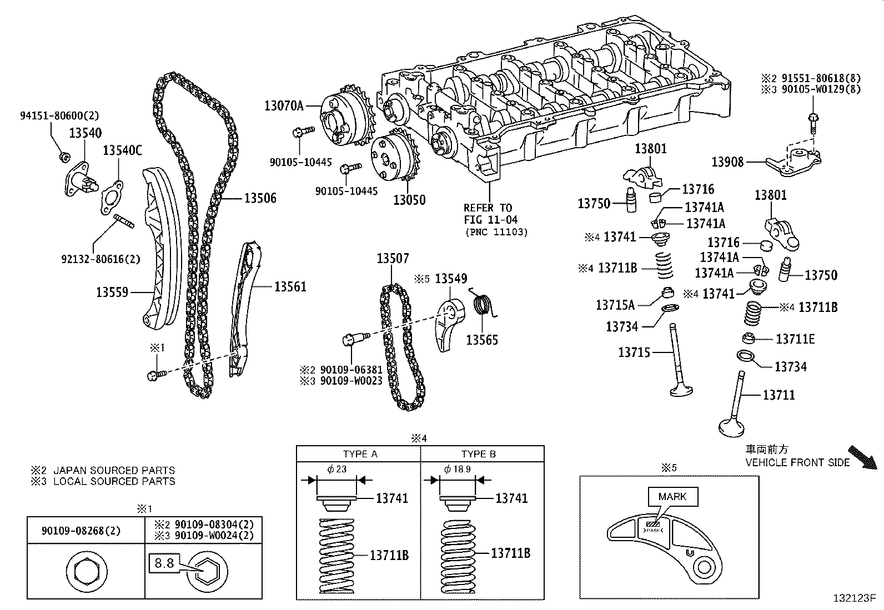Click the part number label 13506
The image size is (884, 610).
coord(260,199)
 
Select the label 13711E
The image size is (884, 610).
coord(795,339)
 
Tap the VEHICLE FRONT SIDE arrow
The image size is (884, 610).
coord(863,458)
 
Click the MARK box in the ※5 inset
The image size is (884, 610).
coord(672,497)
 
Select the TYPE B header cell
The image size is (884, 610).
coord(478,454)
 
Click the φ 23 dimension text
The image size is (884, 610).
coord(337,469)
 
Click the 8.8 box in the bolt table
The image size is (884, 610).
coord(164,564)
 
